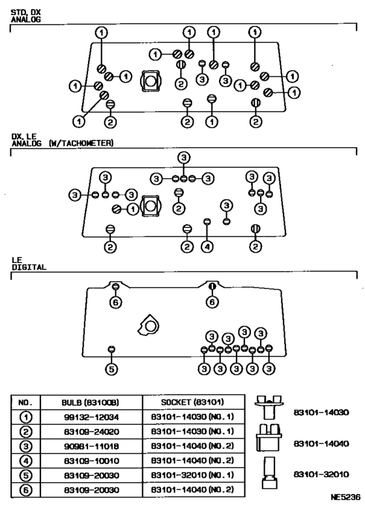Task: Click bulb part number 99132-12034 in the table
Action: [x=91, y=417]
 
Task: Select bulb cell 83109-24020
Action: [x=91, y=431]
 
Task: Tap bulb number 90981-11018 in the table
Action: [x=91, y=446]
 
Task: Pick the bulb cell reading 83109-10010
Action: [x=91, y=461]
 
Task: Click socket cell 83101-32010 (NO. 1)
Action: [x=192, y=475]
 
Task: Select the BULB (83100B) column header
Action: [x=91, y=403]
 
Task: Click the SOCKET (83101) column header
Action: [x=192, y=402]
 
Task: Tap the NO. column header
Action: [x=25, y=403]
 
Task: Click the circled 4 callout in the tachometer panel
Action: [x=207, y=247]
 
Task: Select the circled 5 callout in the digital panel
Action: [x=111, y=369]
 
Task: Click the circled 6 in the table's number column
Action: [x=26, y=490]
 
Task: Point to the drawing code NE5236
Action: [x=345, y=497]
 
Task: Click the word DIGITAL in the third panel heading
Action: [x=29, y=267]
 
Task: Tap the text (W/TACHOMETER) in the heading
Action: [x=81, y=143]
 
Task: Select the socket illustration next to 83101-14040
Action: [x=269, y=437]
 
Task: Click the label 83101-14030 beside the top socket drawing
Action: [x=321, y=412]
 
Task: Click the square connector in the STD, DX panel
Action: [x=150, y=81]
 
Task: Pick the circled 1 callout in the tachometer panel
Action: [x=132, y=210]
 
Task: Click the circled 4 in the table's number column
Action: [x=26, y=461]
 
